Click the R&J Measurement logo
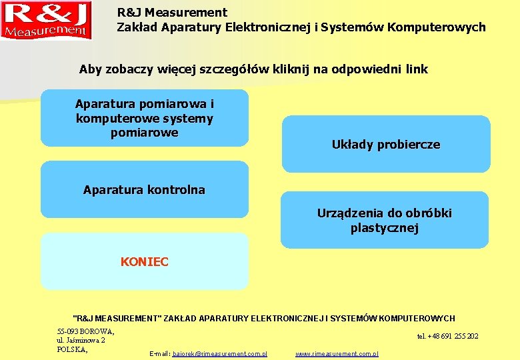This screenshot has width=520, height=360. (45, 20)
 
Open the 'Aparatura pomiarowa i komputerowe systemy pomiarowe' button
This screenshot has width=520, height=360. (145, 118)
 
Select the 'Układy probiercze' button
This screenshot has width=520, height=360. (386, 144)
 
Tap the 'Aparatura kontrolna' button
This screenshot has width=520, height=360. (144, 190)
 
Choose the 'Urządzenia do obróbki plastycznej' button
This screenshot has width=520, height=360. (385, 221)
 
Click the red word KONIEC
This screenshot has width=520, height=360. (145, 262)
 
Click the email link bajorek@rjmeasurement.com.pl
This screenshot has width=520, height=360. (220, 353)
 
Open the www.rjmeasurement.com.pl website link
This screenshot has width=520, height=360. (337, 353)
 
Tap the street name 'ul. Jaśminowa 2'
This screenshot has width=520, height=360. (81, 340)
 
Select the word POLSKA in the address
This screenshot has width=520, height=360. (71, 349)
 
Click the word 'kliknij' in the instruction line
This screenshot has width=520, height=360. (275, 69)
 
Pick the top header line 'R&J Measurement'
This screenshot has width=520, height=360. (172, 12)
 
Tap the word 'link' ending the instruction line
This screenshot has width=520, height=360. (415, 69)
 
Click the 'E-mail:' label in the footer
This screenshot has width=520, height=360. (160, 353)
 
